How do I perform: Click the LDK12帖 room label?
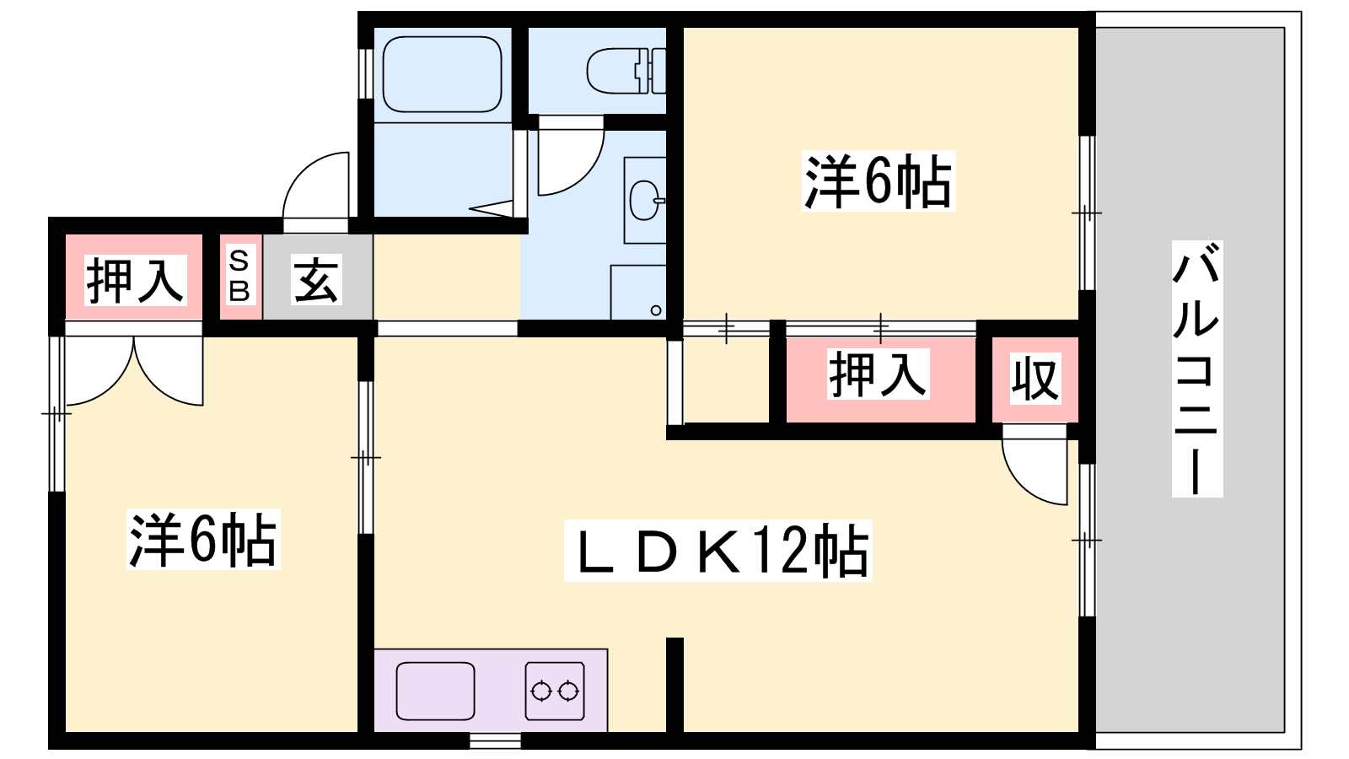point(717,551)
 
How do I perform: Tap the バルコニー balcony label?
point(1196,368)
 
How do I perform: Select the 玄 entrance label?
point(317,279)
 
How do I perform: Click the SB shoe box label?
point(239,277)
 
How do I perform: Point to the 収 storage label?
point(1035,379)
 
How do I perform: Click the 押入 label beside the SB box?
point(135,279)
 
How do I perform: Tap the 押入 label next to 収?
point(879,374)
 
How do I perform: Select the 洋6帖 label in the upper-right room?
point(878,180)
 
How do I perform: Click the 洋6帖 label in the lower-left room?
point(203,539)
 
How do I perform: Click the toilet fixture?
point(626,71)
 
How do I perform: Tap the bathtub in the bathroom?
point(442,74)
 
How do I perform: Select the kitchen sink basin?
point(435,691)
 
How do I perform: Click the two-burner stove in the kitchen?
point(555,691)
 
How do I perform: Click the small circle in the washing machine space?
point(656,311)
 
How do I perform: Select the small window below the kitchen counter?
point(495,740)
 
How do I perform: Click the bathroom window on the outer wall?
point(366,73)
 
